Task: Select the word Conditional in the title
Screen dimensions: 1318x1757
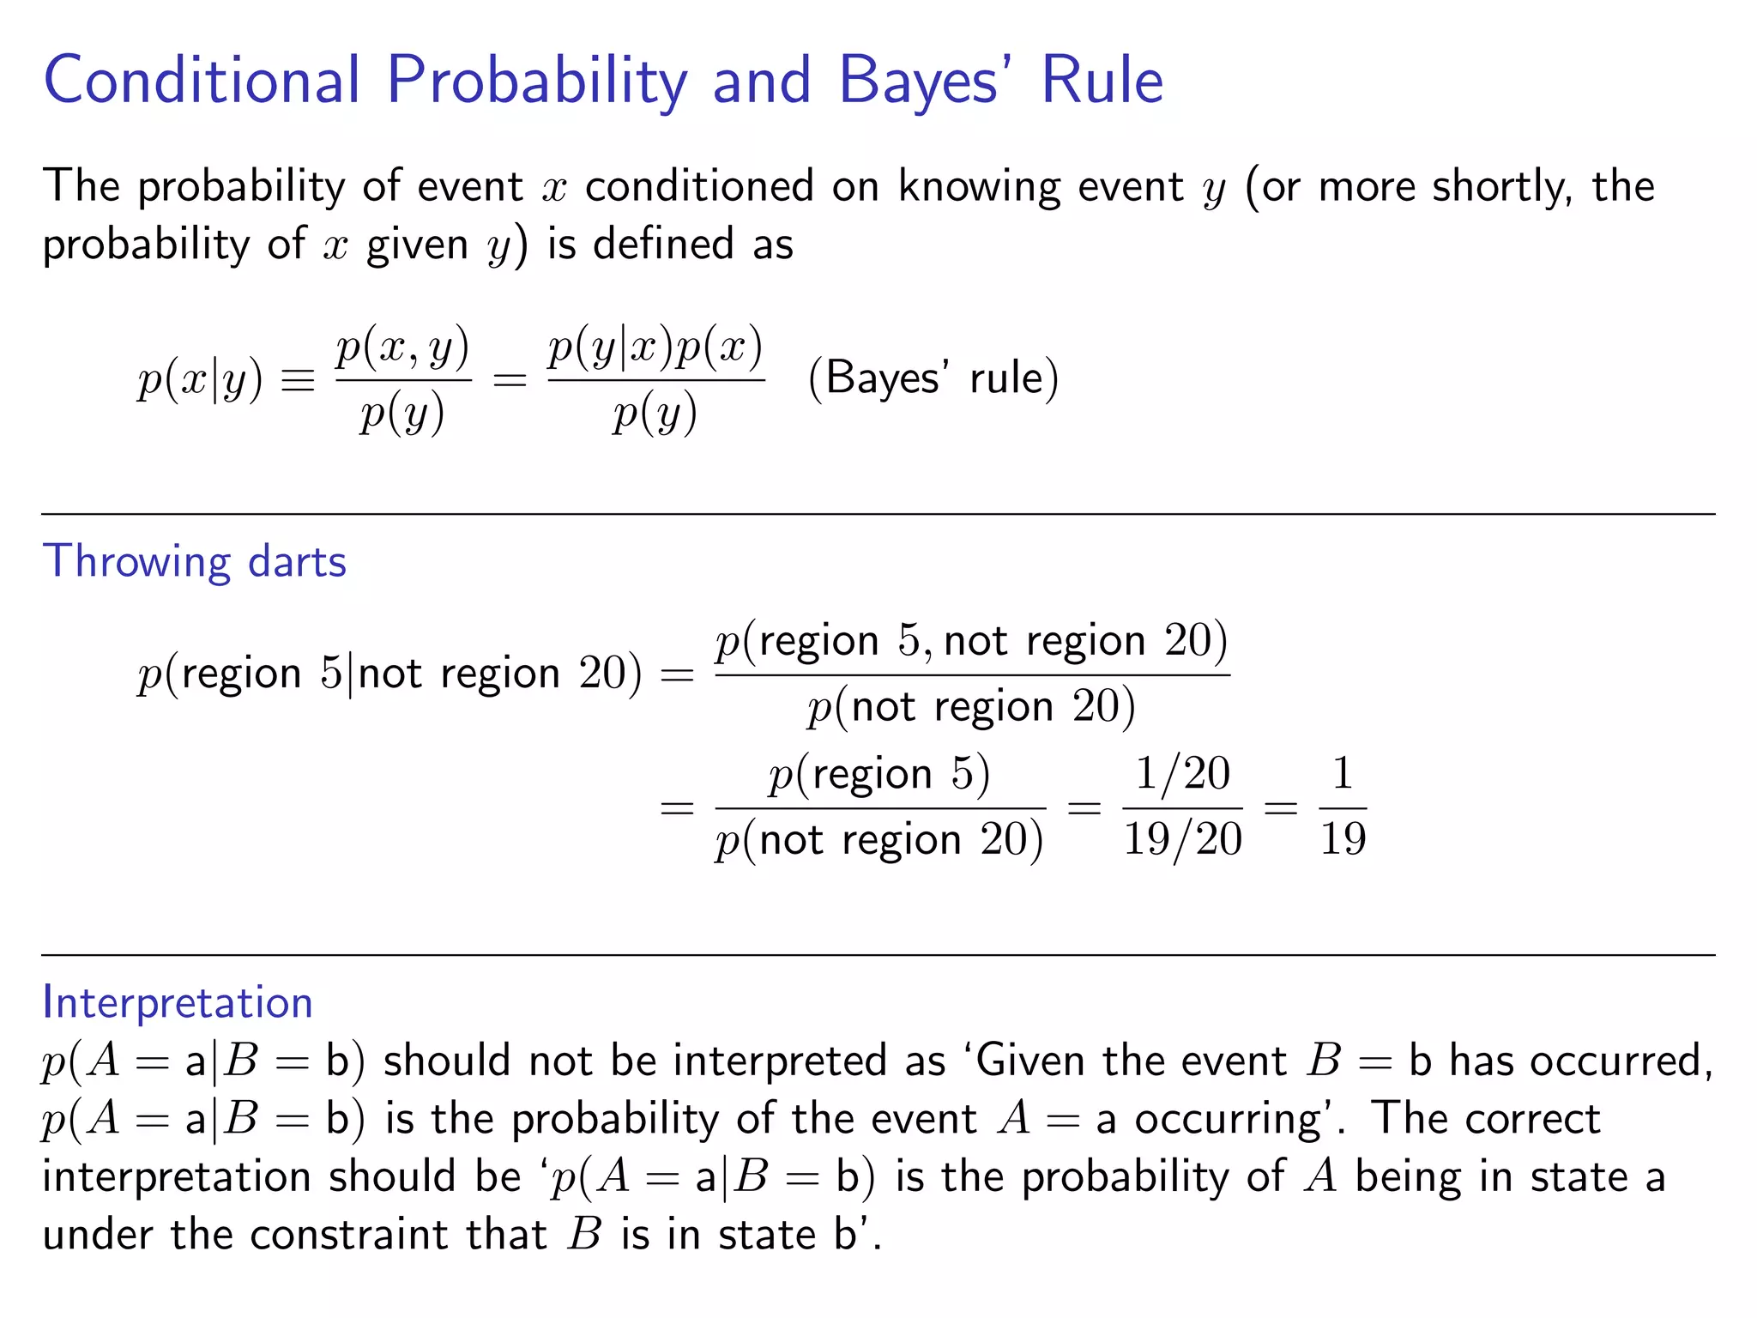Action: [202, 82]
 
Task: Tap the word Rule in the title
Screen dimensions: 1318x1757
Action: [1102, 82]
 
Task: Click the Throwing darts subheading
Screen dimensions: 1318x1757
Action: [195, 563]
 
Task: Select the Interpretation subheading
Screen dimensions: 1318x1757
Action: [178, 1003]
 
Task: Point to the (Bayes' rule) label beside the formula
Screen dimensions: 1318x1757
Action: [933, 378]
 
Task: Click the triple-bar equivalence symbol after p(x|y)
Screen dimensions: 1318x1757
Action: [298, 380]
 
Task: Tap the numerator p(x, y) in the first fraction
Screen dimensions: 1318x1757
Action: [402, 348]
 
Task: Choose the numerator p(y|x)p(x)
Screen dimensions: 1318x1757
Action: [655, 348]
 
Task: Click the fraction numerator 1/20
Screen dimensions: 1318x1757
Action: [1182, 773]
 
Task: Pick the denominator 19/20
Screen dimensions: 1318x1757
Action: [1182, 839]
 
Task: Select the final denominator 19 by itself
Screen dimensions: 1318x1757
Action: [1343, 839]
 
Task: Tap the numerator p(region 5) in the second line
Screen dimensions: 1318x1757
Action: [879, 775]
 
